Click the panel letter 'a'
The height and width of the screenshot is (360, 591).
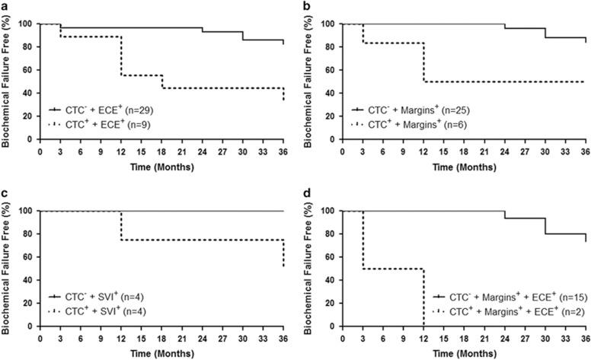pos(5,6)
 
